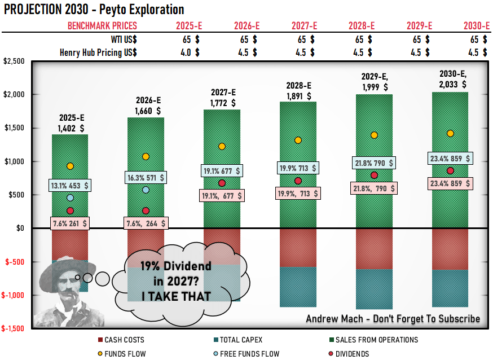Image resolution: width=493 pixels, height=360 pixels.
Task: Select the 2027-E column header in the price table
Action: pyautogui.click(x=304, y=26)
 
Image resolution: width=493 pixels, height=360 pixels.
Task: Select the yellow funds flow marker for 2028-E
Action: pyautogui.click(x=298, y=140)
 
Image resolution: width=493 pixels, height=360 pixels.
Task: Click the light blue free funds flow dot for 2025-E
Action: pyautogui.click(x=70, y=198)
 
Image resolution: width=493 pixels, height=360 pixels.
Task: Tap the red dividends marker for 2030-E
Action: pyautogui.click(x=450, y=171)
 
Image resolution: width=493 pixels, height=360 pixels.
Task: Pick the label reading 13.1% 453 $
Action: pyautogui.click(x=70, y=185)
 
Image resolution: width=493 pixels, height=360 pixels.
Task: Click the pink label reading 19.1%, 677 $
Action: pyautogui.click(x=222, y=196)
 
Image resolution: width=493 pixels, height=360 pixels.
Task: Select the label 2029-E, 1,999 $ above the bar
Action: pyautogui.click(x=374, y=82)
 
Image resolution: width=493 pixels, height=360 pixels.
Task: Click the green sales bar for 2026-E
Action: pyautogui.click(x=146, y=186)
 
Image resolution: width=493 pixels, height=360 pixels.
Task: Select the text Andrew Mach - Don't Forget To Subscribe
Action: pyautogui.click(x=393, y=319)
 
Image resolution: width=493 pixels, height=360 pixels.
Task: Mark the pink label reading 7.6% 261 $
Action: pyautogui.click(x=70, y=223)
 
